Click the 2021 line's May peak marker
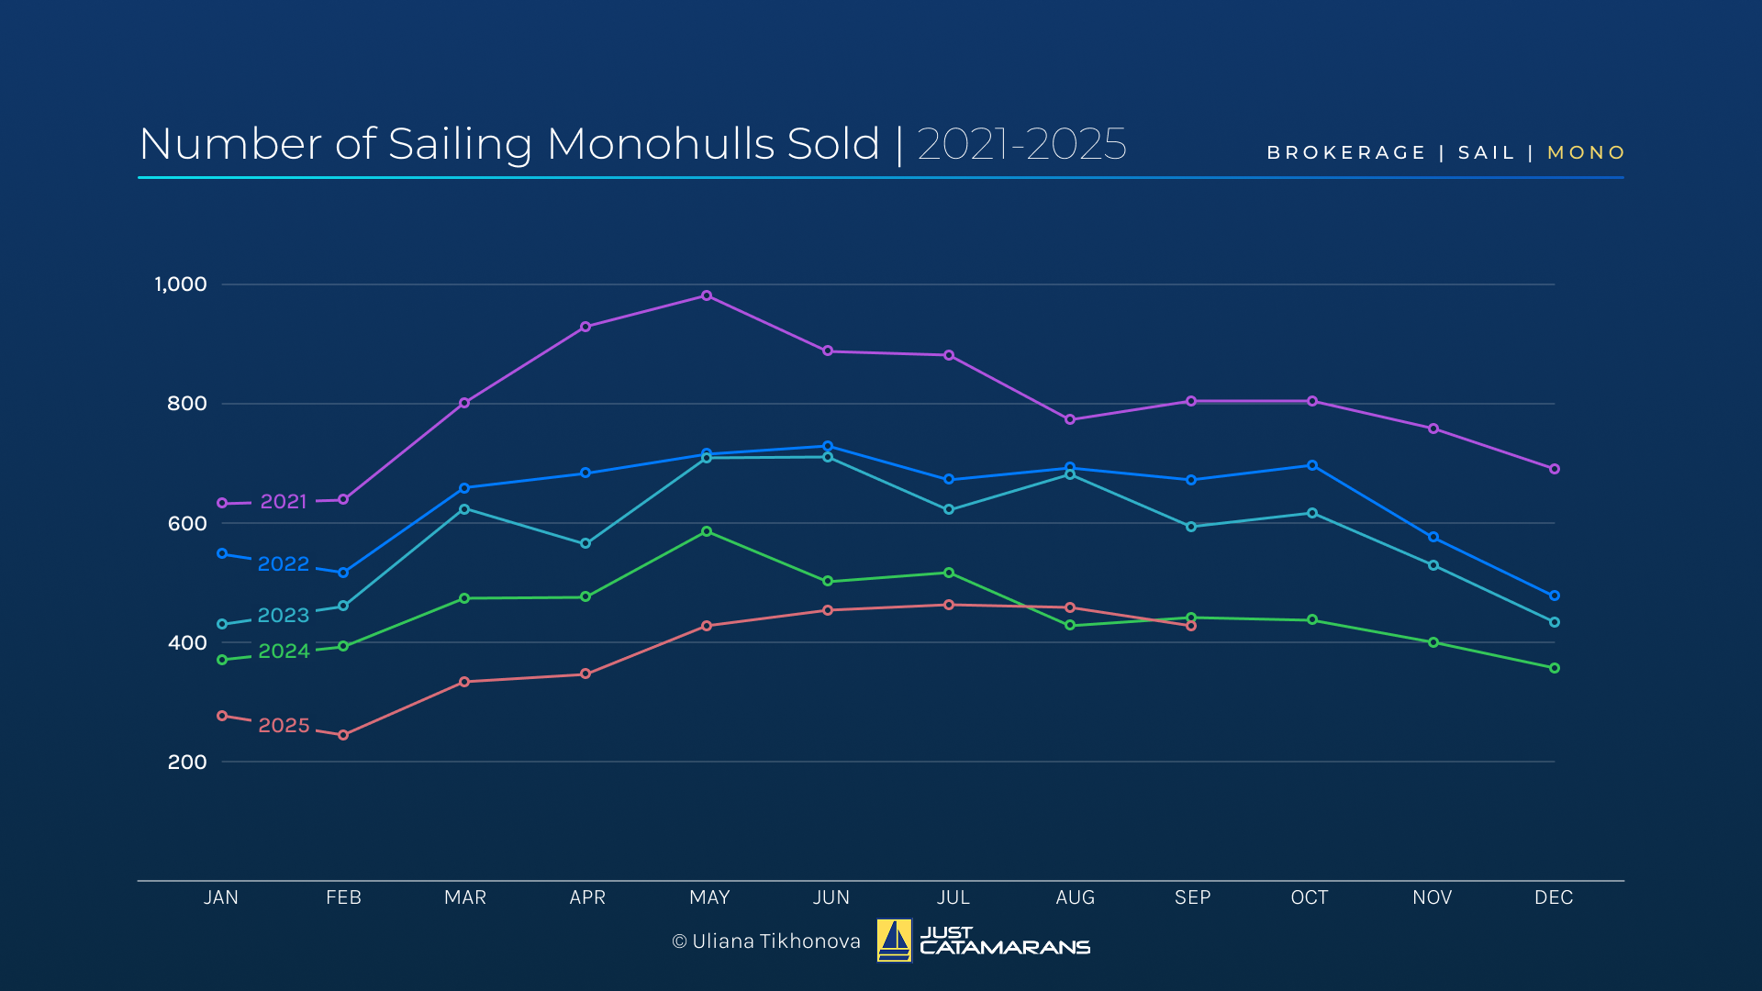(x=707, y=295)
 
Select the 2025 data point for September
(x=1191, y=626)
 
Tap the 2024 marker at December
(x=1555, y=668)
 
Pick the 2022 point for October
(x=1312, y=465)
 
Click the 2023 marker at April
(x=585, y=543)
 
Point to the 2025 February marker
(x=343, y=735)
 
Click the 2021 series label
(x=283, y=502)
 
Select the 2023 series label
(x=283, y=616)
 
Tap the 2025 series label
(x=284, y=726)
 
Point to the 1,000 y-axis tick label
(x=181, y=284)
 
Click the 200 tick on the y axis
(x=187, y=763)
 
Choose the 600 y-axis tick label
(x=187, y=524)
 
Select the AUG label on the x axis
(x=1075, y=897)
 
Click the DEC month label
(x=1554, y=897)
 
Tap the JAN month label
(x=221, y=897)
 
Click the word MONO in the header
(x=1586, y=152)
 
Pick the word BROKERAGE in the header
(x=1346, y=152)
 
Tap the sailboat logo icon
(x=894, y=941)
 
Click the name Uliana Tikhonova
(x=776, y=941)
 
